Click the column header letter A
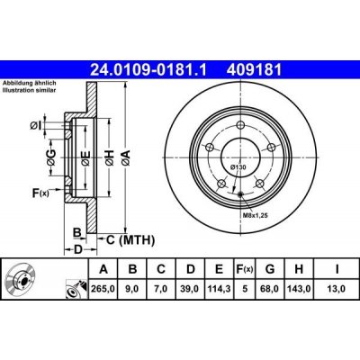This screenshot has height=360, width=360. click(x=103, y=268)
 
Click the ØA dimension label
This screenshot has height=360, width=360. click(x=127, y=157)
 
